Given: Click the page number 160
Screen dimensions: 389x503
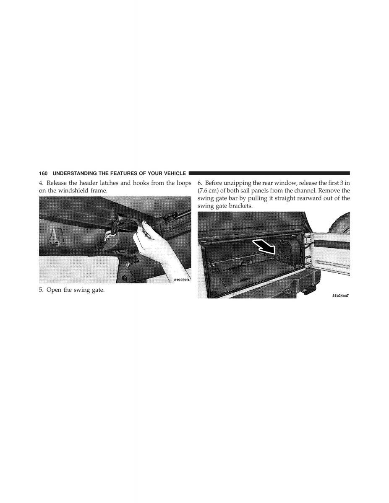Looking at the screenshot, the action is click(x=43, y=174).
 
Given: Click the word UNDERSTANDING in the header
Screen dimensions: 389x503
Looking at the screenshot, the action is click(x=74, y=174).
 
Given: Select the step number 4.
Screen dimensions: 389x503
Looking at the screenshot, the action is click(x=41, y=183).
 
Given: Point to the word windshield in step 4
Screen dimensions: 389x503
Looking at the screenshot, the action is click(x=71, y=191).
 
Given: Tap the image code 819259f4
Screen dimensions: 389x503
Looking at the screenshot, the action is click(x=182, y=280).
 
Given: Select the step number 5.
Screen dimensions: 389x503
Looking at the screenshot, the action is click(x=41, y=290).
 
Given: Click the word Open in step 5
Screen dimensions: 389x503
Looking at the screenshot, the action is click(x=53, y=290).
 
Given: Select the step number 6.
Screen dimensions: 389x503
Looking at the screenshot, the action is click(x=200, y=183).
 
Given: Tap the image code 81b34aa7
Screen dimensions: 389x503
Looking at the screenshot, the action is click(x=341, y=296).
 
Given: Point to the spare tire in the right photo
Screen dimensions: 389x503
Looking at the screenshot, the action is click(x=341, y=223).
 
